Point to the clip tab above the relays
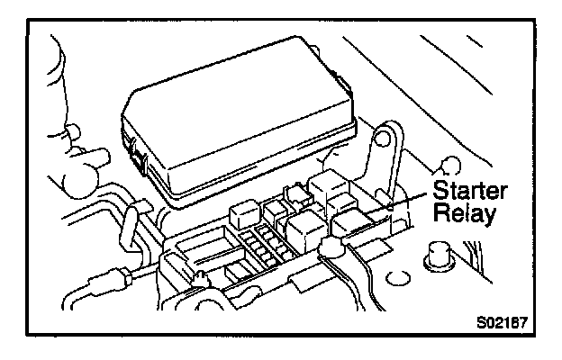293,192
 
